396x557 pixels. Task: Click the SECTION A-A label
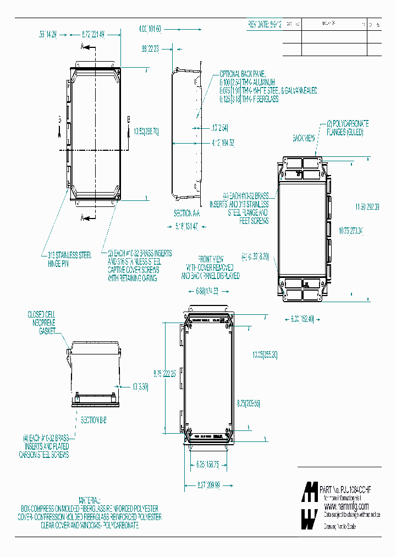(187, 212)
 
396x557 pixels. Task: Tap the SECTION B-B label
(94, 420)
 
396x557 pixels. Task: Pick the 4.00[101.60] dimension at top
(150, 28)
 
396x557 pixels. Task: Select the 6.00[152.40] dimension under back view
(301, 319)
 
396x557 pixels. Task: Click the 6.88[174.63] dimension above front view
(207, 291)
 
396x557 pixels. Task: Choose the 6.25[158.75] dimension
(207, 465)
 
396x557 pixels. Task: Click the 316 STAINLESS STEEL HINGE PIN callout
(69, 259)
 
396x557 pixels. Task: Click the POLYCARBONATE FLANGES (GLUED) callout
(348, 128)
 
